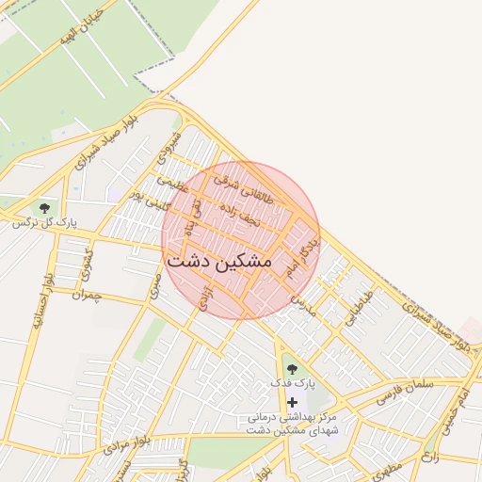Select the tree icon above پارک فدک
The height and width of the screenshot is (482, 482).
(291, 369)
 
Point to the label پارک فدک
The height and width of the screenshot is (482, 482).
(291, 384)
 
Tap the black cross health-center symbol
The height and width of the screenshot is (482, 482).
(292, 401)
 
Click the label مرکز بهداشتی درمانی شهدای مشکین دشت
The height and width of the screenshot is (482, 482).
(292, 422)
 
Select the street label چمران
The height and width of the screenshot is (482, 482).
(91, 296)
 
